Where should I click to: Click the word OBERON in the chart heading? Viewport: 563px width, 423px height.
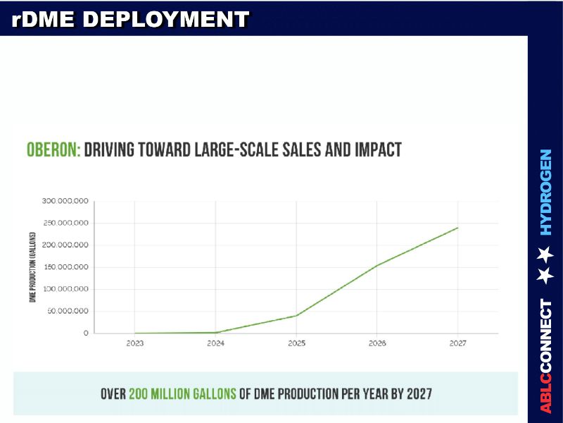coord(53,149)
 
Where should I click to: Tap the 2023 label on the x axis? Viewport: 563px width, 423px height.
coord(135,343)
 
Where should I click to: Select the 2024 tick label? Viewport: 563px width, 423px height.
coord(215,343)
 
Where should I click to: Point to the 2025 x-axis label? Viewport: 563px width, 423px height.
coord(296,343)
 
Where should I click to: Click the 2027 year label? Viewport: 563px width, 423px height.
coord(457,343)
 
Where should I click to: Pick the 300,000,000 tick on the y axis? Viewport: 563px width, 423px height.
coord(64,202)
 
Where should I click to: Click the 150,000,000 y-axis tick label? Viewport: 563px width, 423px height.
coord(64,267)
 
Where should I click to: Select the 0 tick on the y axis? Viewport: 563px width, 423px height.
coord(86,333)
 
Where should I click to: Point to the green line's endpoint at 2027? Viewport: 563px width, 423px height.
coord(457,228)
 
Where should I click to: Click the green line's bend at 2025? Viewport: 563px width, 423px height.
coord(296,315)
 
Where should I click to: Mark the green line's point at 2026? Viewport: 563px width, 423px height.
coord(377,265)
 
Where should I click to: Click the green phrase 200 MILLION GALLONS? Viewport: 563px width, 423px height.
coord(182,393)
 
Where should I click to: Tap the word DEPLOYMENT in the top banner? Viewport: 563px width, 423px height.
coord(167,19)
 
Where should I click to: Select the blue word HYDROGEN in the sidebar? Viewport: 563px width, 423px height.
coord(546,192)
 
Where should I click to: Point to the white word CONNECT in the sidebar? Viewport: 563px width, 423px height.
coord(546,337)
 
